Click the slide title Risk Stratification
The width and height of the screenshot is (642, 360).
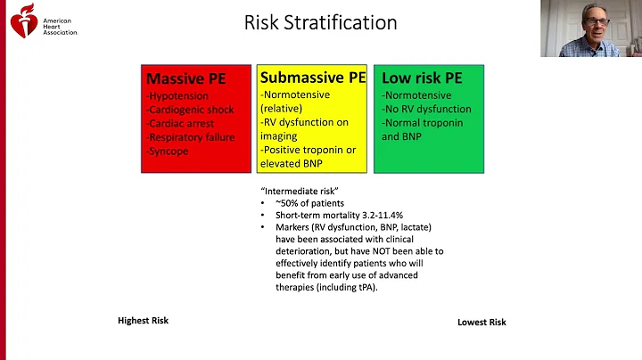pos(320,22)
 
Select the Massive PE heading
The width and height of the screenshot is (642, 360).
pos(185,79)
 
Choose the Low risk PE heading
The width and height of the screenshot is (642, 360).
pos(422,78)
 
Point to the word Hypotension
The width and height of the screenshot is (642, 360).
pos(178,96)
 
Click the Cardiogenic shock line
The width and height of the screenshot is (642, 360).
pos(189,110)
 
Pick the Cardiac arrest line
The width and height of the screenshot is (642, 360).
pos(182,124)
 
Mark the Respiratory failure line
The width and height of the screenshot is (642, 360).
pos(190,137)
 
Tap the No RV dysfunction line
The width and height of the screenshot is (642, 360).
pos(427,109)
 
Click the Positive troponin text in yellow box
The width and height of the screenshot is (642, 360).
pos(306,150)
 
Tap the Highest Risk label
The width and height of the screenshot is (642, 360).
pos(143,320)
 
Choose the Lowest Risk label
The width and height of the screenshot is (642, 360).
pos(481,322)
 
